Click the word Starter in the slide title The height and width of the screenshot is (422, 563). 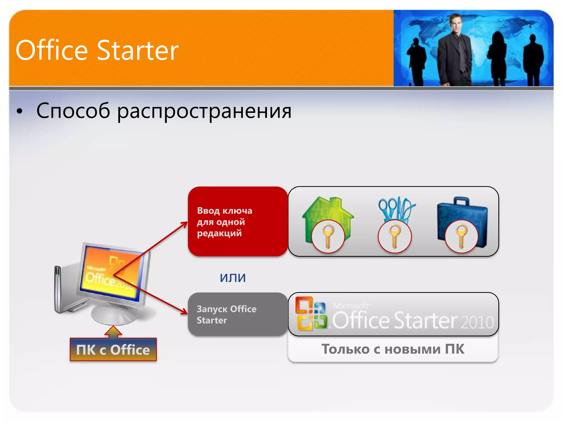pyautogui.click(x=138, y=51)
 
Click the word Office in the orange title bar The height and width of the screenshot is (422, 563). pyautogui.click(x=52, y=51)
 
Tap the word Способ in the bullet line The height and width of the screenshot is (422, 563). pyautogui.click(x=73, y=111)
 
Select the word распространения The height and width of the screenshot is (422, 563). pyautogui.click(x=204, y=111)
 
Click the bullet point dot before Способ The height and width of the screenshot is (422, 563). pyautogui.click(x=19, y=112)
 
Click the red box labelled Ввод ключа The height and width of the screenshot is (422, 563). pyautogui.click(x=238, y=221)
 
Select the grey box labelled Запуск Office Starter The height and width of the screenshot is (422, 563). pyautogui.click(x=238, y=314)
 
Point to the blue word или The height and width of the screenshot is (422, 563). pyautogui.click(x=233, y=277)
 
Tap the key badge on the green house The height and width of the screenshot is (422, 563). pyautogui.click(x=328, y=237)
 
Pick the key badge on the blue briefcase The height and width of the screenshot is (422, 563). pyautogui.click(x=461, y=237)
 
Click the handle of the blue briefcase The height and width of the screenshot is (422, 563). pyautogui.click(x=461, y=201)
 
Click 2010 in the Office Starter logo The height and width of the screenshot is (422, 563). pyautogui.click(x=477, y=322)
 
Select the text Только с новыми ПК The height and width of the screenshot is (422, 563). pyautogui.click(x=393, y=349)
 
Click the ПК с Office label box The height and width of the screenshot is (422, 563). pyautogui.click(x=113, y=350)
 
